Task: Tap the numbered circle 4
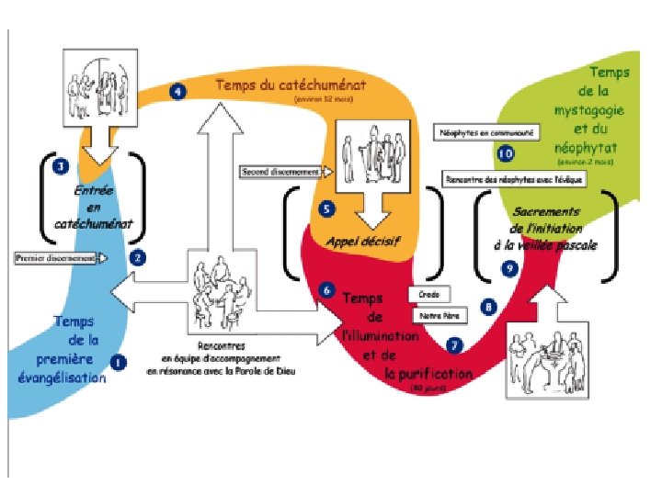177,91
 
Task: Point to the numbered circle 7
452,345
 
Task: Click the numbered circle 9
510,267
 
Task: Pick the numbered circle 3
61,167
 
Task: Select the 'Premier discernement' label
56,258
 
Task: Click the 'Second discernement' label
280,171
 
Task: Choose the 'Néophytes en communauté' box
486,132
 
